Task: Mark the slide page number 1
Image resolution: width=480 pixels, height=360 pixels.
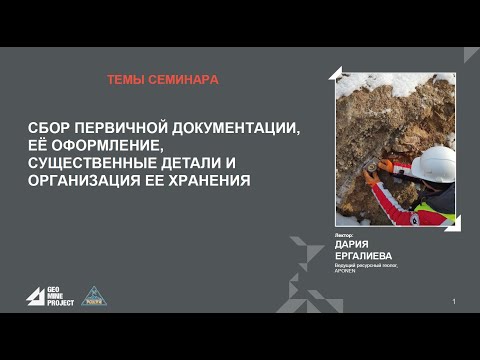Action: (x=454, y=302)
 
